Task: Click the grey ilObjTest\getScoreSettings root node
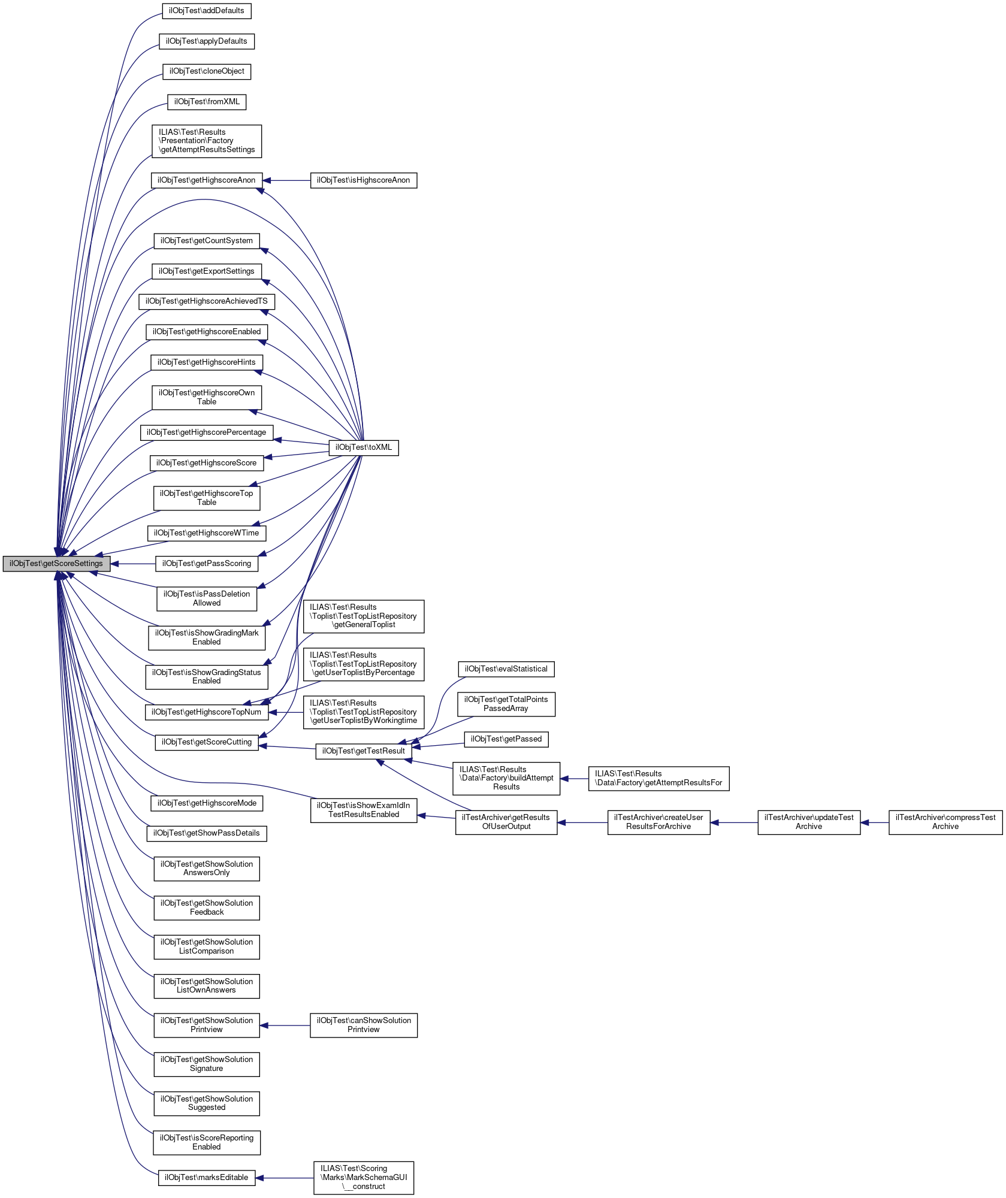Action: [56, 564]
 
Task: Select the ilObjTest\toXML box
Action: [363, 447]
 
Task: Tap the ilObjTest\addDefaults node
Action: [206, 11]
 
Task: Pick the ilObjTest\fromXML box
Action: [206, 102]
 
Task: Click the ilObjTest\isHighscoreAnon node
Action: [363, 180]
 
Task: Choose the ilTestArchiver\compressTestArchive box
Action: [945, 822]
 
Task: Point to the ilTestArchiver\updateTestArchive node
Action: [808, 822]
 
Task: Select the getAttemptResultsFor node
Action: [658, 778]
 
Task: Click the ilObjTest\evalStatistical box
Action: [506, 669]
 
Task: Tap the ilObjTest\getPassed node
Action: [506, 739]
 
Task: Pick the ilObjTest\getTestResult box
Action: [363, 751]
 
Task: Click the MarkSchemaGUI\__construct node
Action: [363, 1178]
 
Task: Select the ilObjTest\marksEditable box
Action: [206, 1178]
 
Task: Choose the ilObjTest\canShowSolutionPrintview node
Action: [363, 1025]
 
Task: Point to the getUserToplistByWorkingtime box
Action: [363, 712]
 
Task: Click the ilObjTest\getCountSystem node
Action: [206, 241]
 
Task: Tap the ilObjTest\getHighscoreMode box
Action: [206, 803]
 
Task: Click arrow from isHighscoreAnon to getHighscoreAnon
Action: [286, 180]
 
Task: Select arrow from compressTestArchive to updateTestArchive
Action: [875, 822]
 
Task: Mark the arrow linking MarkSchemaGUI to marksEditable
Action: [285, 1178]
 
